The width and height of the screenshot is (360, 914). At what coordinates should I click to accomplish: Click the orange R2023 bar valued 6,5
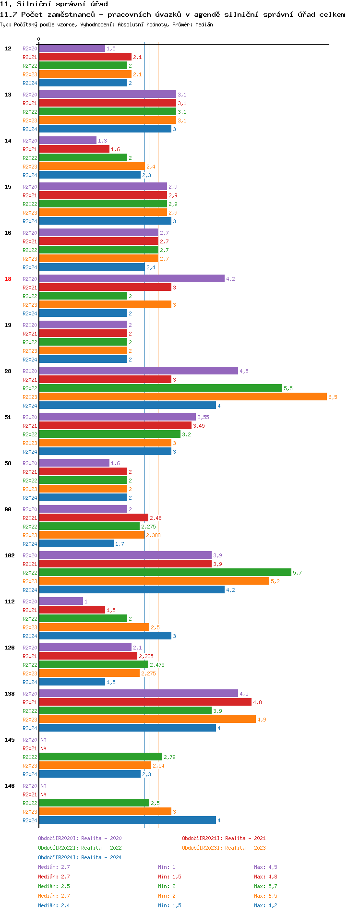(x=182, y=397)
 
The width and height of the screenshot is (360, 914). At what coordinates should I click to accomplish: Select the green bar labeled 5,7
(x=165, y=572)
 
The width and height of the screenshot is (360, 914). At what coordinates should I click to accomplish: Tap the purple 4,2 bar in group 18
(x=132, y=278)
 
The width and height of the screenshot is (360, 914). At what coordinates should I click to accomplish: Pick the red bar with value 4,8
(x=145, y=702)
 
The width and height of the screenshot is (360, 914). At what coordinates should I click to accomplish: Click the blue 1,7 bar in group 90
(x=76, y=543)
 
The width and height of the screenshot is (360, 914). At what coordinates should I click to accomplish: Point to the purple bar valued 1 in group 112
(x=61, y=601)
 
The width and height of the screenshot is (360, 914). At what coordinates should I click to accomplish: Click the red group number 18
(x=8, y=279)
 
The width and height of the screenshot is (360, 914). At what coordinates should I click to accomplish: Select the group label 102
(x=10, y=555)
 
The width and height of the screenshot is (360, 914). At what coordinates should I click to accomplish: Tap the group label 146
(x=10, y=786)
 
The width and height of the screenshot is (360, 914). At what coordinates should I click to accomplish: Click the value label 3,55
(x=203, y=417)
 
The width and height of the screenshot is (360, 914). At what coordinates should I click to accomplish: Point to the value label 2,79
(x=169, y=757)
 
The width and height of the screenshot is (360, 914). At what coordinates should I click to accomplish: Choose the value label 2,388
(x=153, y=535)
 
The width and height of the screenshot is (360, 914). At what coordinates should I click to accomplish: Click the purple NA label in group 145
(x=43, y=740)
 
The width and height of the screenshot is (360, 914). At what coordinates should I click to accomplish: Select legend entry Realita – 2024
(x=80, y=857)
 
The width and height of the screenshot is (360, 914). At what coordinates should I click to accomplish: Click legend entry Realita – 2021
(x=224, y=838)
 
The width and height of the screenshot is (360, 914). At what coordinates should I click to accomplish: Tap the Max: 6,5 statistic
(x=265, y=896)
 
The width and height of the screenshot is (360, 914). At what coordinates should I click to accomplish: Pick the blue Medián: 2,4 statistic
(x=54, y=905)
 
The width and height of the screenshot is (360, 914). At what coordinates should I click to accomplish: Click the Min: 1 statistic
(x=167, y=867)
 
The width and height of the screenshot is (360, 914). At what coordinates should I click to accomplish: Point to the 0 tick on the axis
(x=39, y=39)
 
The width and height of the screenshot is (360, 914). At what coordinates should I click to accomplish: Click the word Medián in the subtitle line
(x=204, y=24)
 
